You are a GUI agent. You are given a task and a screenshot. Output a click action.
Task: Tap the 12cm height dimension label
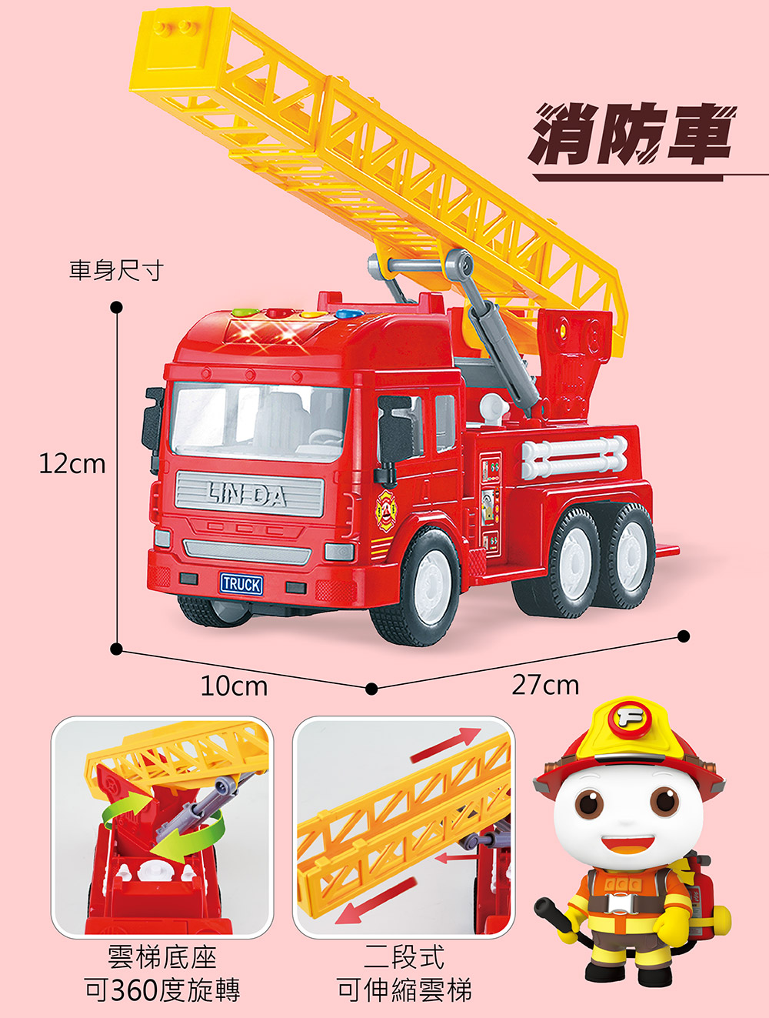[72, 464]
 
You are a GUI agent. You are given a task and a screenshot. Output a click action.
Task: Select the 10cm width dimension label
[234, 686]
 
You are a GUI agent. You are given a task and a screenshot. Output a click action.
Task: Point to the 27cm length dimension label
[545, 686]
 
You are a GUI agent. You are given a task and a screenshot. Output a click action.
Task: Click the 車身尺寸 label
[117, 270]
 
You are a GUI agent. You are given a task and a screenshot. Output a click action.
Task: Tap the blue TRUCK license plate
[241, 584]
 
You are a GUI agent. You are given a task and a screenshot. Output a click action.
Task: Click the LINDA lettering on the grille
[247, 495]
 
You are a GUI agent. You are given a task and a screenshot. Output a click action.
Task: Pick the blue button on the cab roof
[351, 314]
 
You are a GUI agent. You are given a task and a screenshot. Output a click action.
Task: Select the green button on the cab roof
[246, 312]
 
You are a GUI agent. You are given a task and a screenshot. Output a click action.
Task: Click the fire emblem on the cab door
[386, 511]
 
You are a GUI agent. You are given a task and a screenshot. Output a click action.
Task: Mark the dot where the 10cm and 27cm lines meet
[371, 689]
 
